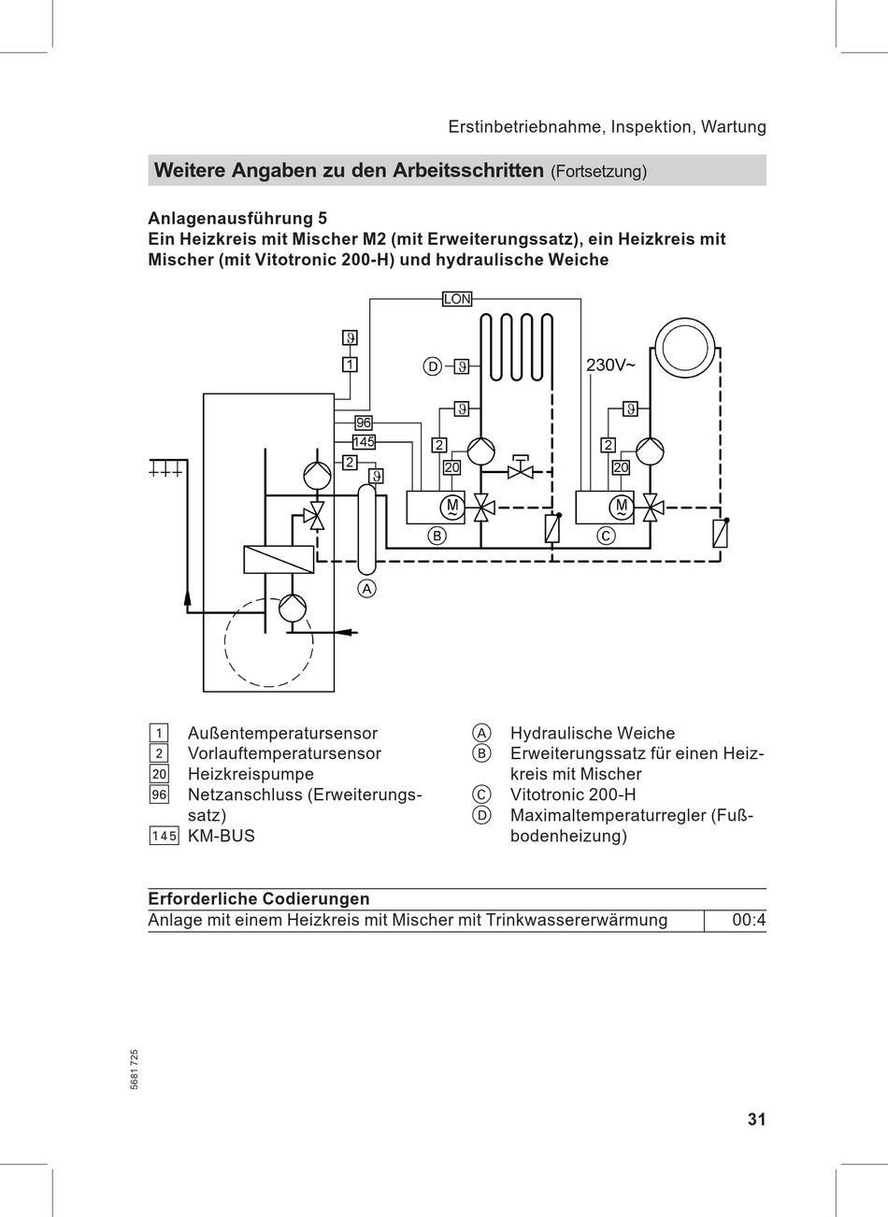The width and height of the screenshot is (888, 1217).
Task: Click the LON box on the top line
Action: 457,299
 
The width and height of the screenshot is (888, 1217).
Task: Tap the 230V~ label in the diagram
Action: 610,365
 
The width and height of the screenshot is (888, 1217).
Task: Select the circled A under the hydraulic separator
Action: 367,588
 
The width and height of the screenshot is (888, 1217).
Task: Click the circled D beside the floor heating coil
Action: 432,366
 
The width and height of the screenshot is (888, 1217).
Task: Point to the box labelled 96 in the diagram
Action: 363,423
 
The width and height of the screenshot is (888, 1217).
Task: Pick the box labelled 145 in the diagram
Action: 364,442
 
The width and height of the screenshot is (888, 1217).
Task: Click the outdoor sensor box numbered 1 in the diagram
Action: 350,365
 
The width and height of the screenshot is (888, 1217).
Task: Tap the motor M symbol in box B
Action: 451,507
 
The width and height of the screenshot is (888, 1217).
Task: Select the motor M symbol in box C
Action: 621,507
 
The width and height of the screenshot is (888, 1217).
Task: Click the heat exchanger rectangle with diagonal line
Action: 279,559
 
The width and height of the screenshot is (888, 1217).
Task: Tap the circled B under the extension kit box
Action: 436,536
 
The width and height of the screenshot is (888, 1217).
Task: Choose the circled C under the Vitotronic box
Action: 606,536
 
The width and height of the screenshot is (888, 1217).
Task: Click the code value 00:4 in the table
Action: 748,921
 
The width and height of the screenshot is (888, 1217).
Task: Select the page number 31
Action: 756,1119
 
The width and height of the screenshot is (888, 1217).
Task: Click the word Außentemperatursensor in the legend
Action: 282,734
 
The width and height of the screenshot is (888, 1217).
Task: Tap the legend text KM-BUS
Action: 221,836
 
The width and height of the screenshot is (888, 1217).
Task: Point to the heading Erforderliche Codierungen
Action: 259,899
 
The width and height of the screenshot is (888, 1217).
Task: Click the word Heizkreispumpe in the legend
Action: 251,774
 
